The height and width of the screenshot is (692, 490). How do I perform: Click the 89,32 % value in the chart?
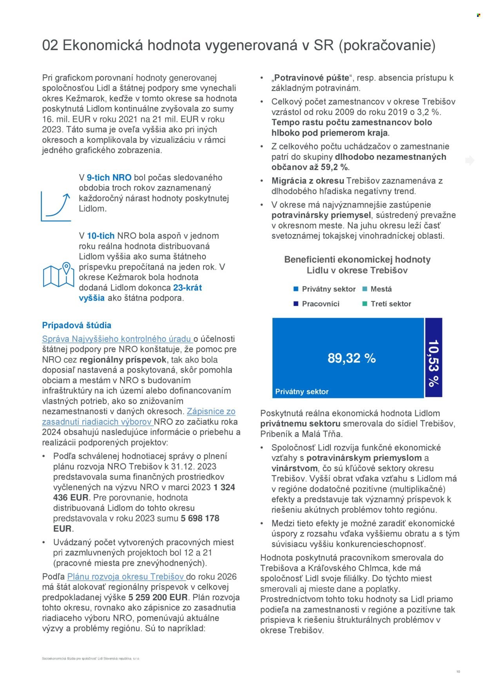tap(351, 358)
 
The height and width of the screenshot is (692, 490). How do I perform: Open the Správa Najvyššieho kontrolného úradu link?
tap(117, 339)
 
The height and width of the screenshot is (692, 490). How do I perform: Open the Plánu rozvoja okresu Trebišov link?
tap(125, 577)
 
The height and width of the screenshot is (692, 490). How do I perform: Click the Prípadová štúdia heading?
tap(76, 325)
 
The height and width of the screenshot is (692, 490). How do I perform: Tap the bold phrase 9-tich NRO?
tap(109, 178)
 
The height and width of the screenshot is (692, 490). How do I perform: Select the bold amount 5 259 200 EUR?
tap(158, 597)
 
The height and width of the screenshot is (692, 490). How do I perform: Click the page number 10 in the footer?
tap(458, 672)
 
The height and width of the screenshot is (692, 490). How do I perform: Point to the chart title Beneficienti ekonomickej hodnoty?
tap(357, 259)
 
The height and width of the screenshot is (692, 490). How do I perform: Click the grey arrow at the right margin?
tap(470, 160)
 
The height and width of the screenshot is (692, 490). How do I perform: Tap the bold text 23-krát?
tap(187, 288)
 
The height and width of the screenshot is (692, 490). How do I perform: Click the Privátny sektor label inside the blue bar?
tap(302, 392)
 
